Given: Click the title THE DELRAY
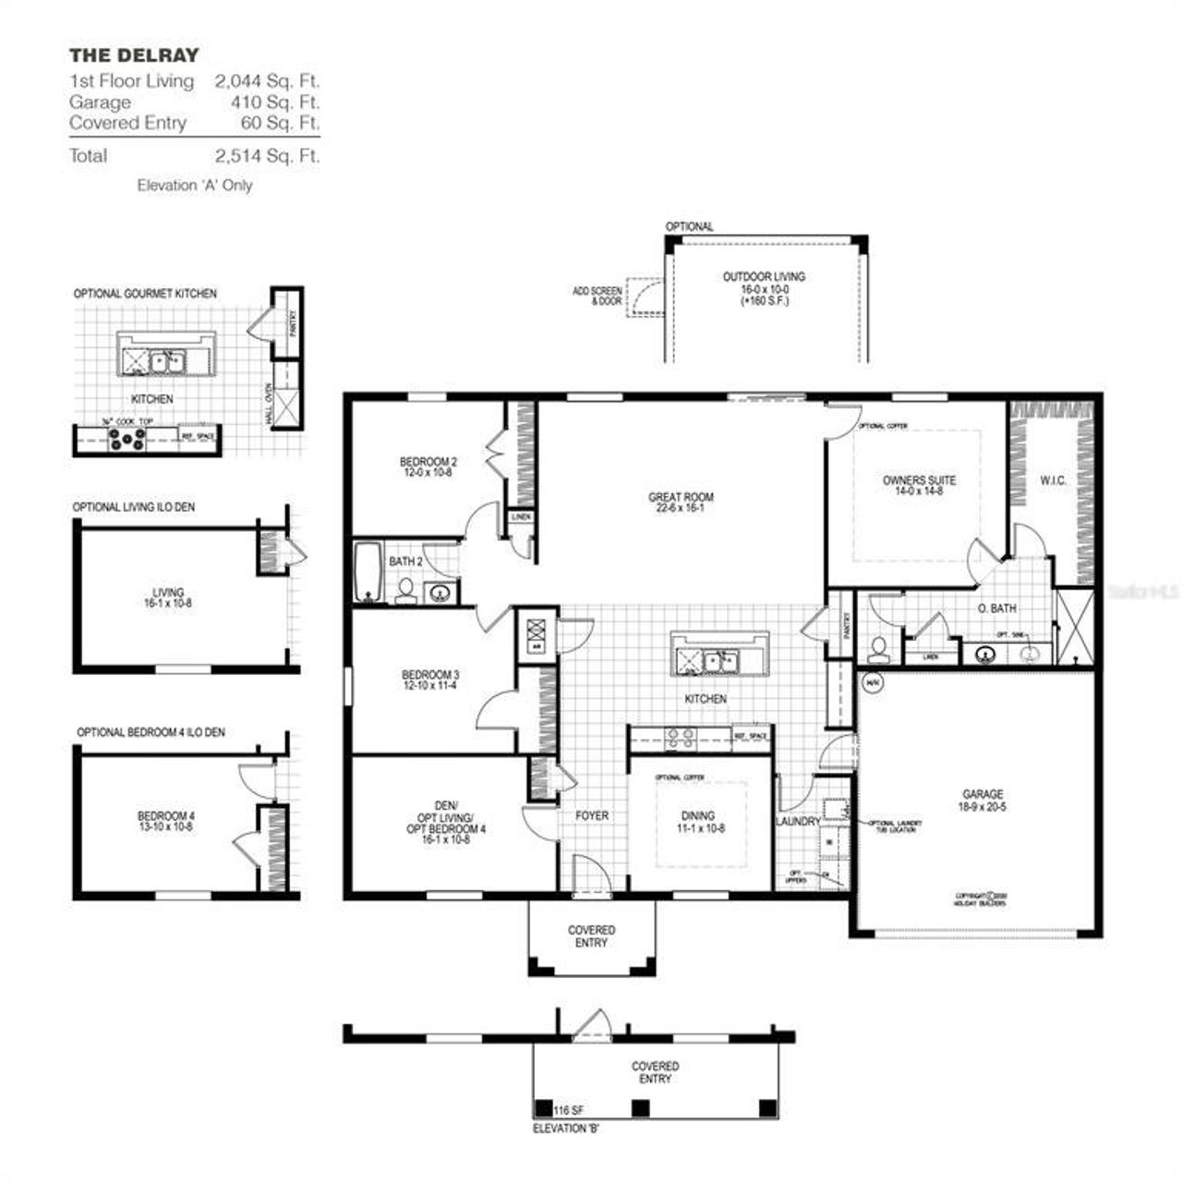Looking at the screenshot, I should [x=134, y=55].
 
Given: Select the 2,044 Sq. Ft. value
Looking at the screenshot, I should [x=267, y=81].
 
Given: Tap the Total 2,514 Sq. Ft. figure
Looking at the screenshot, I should [x=267, y=155].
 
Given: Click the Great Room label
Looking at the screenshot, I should [x=681, y=502].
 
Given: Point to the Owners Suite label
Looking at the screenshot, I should [x=919, y=486].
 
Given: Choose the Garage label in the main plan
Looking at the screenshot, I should [x=983, y=800].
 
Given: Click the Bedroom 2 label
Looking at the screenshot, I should [x=428, y=466].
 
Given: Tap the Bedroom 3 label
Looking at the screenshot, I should [x=430, y=680].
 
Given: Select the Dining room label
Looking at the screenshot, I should [x=698, y=822].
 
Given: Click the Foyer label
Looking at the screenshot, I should [x=592, y=815].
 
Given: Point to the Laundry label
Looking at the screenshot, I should [x=798, y=821].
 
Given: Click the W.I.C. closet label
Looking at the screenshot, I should [x=1053, y=480].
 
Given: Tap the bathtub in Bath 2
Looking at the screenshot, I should [x=367, y=573].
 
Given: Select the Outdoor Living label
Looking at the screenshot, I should [x=764, y=288].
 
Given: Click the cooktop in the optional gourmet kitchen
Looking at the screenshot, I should [x=127, y=442].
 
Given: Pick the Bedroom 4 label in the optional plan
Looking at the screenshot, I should [x=166, y=821].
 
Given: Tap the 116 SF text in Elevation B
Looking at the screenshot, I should [x=569, y=1109].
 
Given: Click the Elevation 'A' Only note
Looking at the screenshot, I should [x=195, y=186].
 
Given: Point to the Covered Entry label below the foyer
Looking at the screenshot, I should [x=591, y=936].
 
